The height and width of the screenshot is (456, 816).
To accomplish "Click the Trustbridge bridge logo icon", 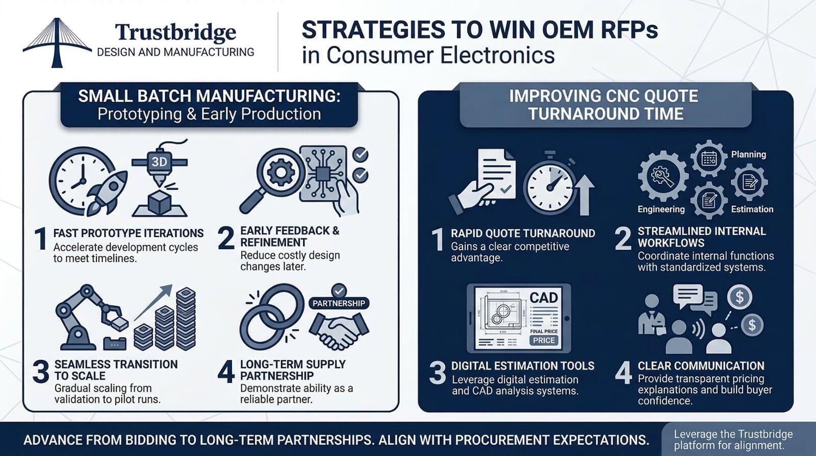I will [56, 43].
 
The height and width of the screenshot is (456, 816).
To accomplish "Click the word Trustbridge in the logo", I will [175, 33].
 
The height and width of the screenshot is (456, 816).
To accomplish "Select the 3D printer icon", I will [160, 178].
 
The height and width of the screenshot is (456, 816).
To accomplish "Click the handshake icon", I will [340, 330].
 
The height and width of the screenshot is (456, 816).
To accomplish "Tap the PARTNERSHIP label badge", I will [339, 303].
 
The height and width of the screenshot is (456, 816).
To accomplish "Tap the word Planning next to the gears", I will [748, 154].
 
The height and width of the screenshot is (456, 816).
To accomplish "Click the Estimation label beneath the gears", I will [752, 209].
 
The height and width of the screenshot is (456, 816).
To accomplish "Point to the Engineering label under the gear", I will [661, 209].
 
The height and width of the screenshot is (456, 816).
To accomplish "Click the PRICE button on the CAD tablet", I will [544, 340].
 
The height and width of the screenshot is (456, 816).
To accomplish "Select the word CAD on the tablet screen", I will [543, 298].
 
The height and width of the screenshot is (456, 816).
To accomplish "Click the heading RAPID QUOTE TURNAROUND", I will [523, 233].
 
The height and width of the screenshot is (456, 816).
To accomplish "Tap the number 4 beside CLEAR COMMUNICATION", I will [623, 372].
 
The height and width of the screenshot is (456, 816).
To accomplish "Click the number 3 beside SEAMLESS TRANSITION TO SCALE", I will [41, 371].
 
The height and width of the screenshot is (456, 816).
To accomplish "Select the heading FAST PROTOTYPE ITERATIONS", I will [129, 233].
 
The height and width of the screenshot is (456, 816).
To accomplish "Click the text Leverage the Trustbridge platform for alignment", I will [733, 440].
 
